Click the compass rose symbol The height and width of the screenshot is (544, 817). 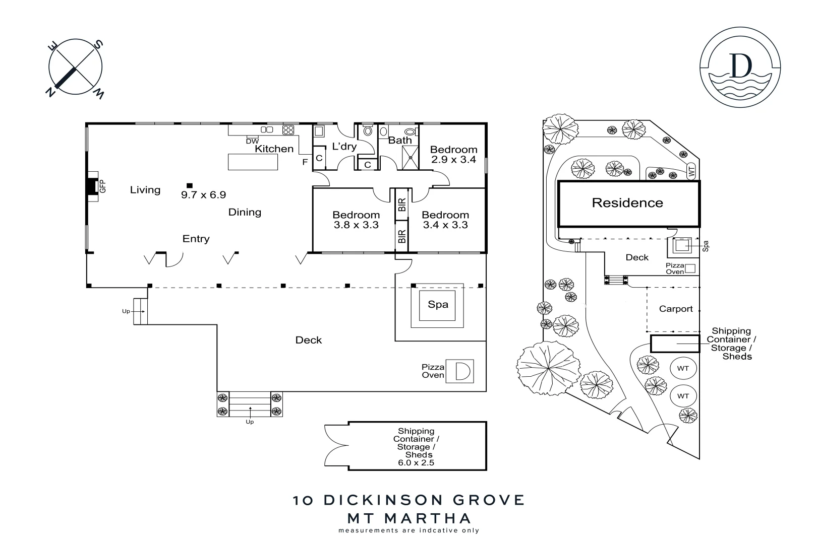coord(76,66)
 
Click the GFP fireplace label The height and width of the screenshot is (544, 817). coord(103,186)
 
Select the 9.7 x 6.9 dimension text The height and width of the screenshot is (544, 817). coord(203,195)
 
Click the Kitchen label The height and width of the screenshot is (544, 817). coord(274,149)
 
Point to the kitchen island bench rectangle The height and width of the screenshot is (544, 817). coord(253,162)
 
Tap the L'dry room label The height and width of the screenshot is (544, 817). coord(344,147)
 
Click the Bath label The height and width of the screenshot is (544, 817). coord(400,141)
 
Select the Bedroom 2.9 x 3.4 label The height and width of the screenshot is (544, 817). coord(453,155)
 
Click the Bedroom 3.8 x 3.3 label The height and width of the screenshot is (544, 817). coord(356,220)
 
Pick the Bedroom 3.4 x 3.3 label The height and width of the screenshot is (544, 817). coord(445,220)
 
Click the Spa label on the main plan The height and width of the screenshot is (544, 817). coord(438,305)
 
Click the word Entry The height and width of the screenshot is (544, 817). coord(196,239)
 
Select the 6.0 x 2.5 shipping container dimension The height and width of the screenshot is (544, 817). coord(416,462)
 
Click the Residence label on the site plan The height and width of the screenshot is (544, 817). coord(627,203)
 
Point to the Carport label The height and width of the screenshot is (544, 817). coord(676,309)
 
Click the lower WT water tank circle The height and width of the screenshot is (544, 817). coord(682,396)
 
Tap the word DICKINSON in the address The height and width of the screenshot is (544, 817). coord(383,500)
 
